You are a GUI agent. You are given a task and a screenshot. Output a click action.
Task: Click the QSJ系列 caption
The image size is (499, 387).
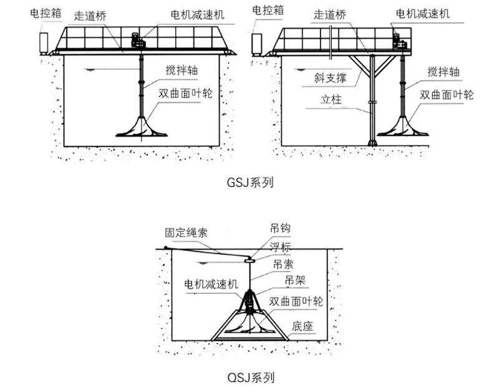click(249, 377)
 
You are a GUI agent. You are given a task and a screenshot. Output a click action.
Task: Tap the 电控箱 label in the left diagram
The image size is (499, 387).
click(46, 11)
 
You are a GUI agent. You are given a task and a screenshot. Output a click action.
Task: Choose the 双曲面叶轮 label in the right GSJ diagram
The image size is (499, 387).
click(447, 95)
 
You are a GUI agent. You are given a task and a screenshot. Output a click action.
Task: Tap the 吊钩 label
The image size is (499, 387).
click(280, 229)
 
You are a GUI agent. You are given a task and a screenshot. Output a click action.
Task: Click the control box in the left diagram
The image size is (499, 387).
click(45, 42)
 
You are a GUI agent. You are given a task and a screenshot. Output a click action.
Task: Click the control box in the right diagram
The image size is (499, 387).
click(258, 43)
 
